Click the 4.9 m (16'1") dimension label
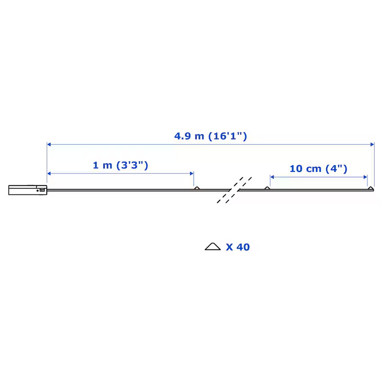pyautogui.click(x=211, y=136)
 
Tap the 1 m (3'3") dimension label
pyautogui.click(x=120, y=165)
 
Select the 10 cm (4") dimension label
pyautogui.click(x=318, y=169)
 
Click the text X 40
pyautogui.click(x=238, y=247)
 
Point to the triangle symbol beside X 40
pyautogui.click(x=213, y=247)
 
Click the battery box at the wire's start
pyautogui.click(x=28, y=190)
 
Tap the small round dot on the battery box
pyautogui.click(x=37, y=191)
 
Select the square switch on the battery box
pyautogui.click(x=42, y=190)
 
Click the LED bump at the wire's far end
pyautogui.click(x=371, y=188)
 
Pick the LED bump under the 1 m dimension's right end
pyautogui.click(x=197, y=188)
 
